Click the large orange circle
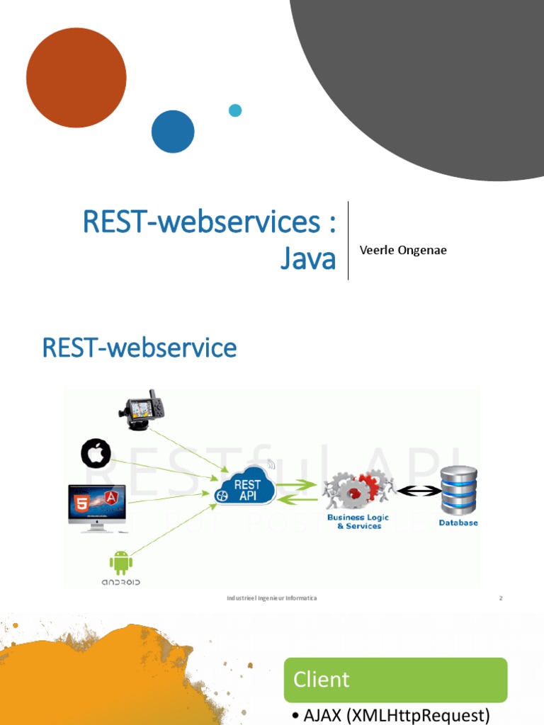pos(76,78)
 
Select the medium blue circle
pos(173,132)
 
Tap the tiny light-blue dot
pos(235,110)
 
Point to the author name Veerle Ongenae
pos(403,250)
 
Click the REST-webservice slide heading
pos(140,348)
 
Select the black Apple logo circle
pos(96,454)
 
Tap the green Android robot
pos(120,563)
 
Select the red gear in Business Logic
pos(369,487)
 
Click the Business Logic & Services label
pos(358,522)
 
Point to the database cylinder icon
pos(459,489)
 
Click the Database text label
pos(458,523)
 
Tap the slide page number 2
pos(500,598)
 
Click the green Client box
pos(395,680)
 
